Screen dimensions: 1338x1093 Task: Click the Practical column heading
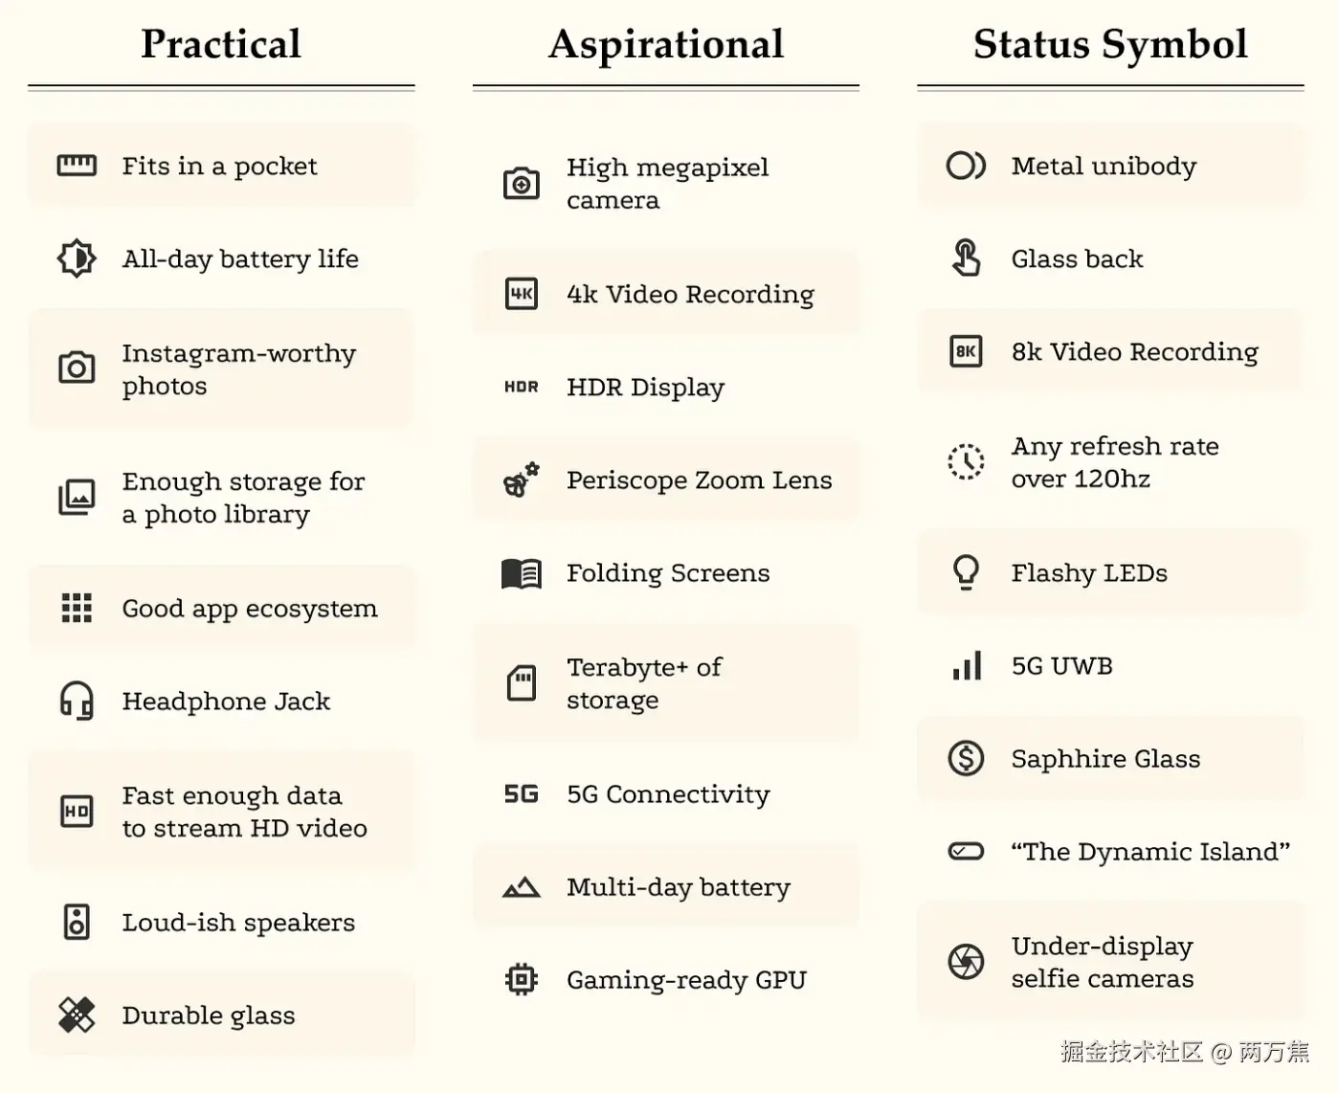coord(221,44)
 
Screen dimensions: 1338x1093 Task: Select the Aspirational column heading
coord(666,44)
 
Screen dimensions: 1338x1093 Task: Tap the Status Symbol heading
coord(1110,44)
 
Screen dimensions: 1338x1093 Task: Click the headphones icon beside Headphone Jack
coord(77,701)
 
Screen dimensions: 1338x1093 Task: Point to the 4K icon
coord(522,294)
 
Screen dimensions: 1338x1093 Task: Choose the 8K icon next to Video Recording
coord(966,351)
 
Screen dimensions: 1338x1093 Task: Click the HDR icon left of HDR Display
coord(522,387)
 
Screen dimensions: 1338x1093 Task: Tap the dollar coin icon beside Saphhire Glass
coord(966,758)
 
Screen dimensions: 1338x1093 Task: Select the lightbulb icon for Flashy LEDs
coord(966,572)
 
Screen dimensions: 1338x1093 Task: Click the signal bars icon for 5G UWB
coord(967,665)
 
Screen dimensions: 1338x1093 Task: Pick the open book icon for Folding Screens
coord(522,573)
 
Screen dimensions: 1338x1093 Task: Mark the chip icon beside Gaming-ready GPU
coord(522,979)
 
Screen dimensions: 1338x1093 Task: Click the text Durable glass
coord(209,1015)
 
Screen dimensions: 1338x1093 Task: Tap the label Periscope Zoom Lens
coord(699,480)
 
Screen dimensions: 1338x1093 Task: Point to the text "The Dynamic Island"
coord(1150,851)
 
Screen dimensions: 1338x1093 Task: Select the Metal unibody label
coord(1104,166)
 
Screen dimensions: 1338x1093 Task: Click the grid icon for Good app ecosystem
coord(77,608)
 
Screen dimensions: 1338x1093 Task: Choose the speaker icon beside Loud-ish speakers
coord(77,922)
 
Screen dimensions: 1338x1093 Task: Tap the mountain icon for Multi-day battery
coord(522,887)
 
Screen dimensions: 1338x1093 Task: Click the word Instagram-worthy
coord(238,353)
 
